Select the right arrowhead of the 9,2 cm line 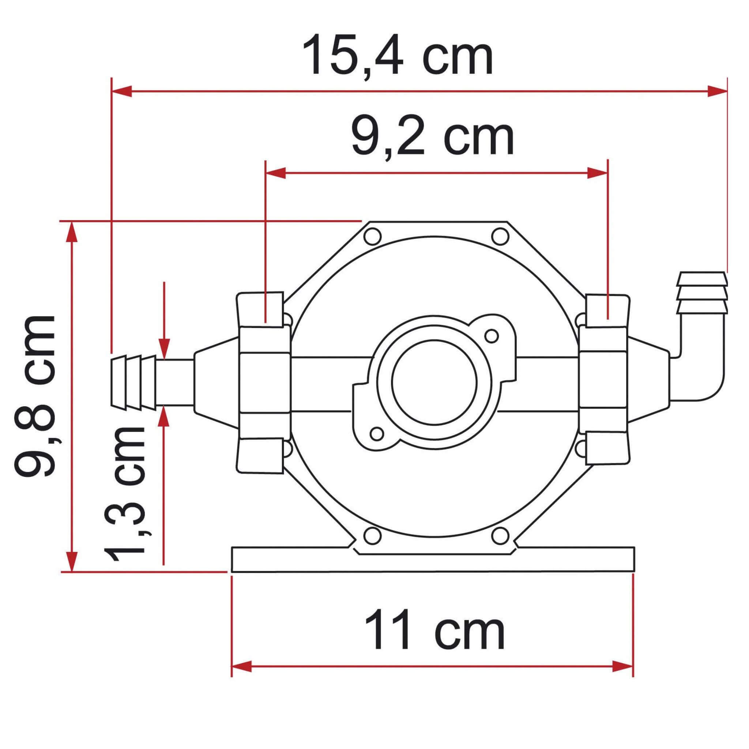point(597,173)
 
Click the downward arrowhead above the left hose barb point(164,348)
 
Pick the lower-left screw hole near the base point(373,536)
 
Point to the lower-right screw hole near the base point(500,536)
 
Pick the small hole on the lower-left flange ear point(377,433)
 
